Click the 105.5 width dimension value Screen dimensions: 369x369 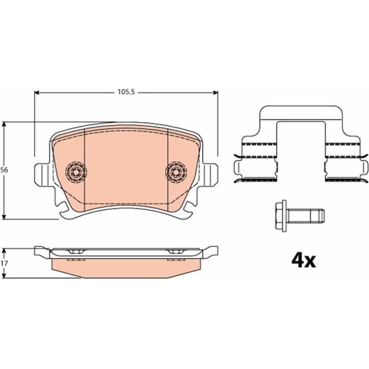[x=126, y=92]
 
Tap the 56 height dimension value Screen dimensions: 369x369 [x=4, y=170]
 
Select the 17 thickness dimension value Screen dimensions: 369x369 [x=4, y=264]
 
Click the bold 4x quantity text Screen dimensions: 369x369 [x=303, y=261]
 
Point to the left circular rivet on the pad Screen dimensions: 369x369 [x=76, y=172]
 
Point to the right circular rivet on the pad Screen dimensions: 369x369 [x=176, y=172]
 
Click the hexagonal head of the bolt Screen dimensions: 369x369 [x=280, y=216]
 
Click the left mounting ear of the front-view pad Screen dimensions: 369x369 [x=42, y=173]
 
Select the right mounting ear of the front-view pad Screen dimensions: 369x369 [x=210, y=173]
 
